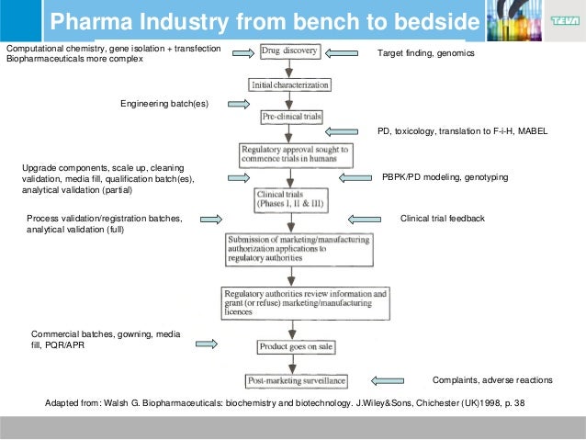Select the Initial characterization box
pyautogui.click(x=290, y=85)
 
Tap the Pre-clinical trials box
pyautogui.click(x=290, y=118)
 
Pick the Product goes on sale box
pyautogui.click(x=290, y=347)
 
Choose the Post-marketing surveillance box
pyautogui.click(x=291, y=380)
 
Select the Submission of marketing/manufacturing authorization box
pyautogui.click(x=299, y=249)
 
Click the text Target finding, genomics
pyautogui.click(x=426, y=54)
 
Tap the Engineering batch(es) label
pyautogui.click(x=164, y=104)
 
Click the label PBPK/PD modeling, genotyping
pyautogui.click(x=445, y=176)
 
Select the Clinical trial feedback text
pyautogui.click(x=442, y=219)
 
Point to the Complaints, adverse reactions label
pyautogui.click(x=492, y=380)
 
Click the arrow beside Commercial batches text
pyautogui.click(x=207, y=344)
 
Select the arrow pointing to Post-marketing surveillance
pyautogui.click(x=390, y=380)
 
